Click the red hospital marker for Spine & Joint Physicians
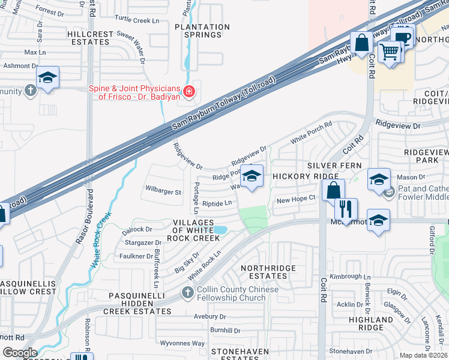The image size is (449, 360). (188, 92)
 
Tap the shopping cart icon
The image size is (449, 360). (390, 52)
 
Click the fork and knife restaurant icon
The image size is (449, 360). (346, 209)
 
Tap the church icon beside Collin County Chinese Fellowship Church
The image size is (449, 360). (187, 293)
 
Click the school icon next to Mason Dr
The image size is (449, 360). (379, 179)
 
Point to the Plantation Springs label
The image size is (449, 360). (198, 31)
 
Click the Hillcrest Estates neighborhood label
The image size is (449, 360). (97, 39)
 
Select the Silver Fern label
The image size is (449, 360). (334, 165)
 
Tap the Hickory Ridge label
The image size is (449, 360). (298, 176)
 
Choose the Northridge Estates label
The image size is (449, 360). (264, 272)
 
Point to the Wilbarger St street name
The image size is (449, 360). (163, 192)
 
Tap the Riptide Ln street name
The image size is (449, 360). (217, 203)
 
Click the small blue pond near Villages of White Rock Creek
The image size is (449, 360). (220, 230)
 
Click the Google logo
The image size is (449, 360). (20, 353)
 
